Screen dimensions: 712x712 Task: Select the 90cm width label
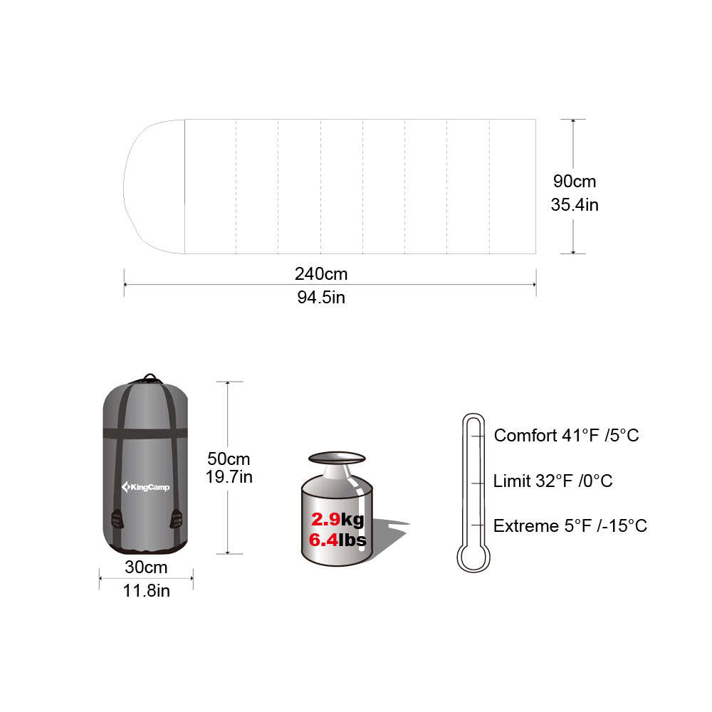[574, 181]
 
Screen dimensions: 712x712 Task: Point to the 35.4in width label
[574, 205]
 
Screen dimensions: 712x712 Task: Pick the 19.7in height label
[228, 477]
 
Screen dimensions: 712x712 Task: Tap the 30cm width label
[146, 567]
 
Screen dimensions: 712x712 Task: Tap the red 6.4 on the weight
[323, 540]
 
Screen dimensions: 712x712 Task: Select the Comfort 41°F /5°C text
[566, 435]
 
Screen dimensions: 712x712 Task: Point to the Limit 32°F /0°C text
[553, 481]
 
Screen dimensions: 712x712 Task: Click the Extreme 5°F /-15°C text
[570, 526]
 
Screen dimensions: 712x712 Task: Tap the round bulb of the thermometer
[473, 557]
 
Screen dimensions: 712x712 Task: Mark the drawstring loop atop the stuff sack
[150, 378]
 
